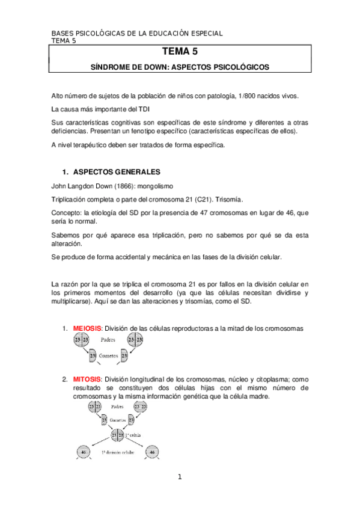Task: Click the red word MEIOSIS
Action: [x=88, y=328]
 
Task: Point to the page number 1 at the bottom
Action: [x=179, y=478]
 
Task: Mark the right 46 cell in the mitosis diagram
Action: [x=154, y=452]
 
